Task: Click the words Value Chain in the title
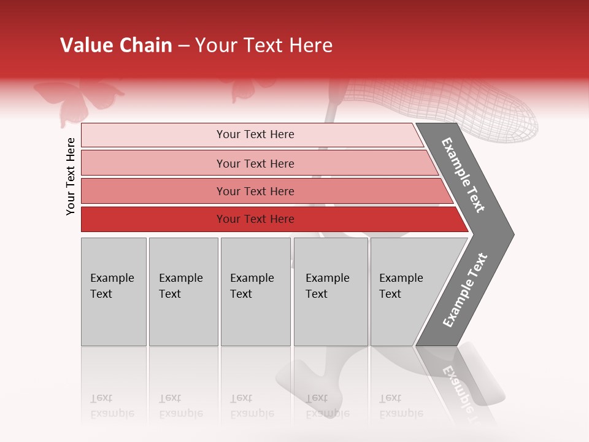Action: pos(116,45)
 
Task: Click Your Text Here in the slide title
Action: pos(264,45)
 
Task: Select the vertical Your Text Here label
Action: pos(71,176)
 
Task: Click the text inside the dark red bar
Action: pos(255,219)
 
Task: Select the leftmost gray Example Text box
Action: pos(114,292)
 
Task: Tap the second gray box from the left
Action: pos(183,292)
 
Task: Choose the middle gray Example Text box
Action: pos(255,292)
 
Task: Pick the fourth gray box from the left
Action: pos(331,292)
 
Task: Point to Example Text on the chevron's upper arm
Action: pos(463,175)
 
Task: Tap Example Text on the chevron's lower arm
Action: pos(465,290)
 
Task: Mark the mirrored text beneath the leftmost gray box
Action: pos(112,406)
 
